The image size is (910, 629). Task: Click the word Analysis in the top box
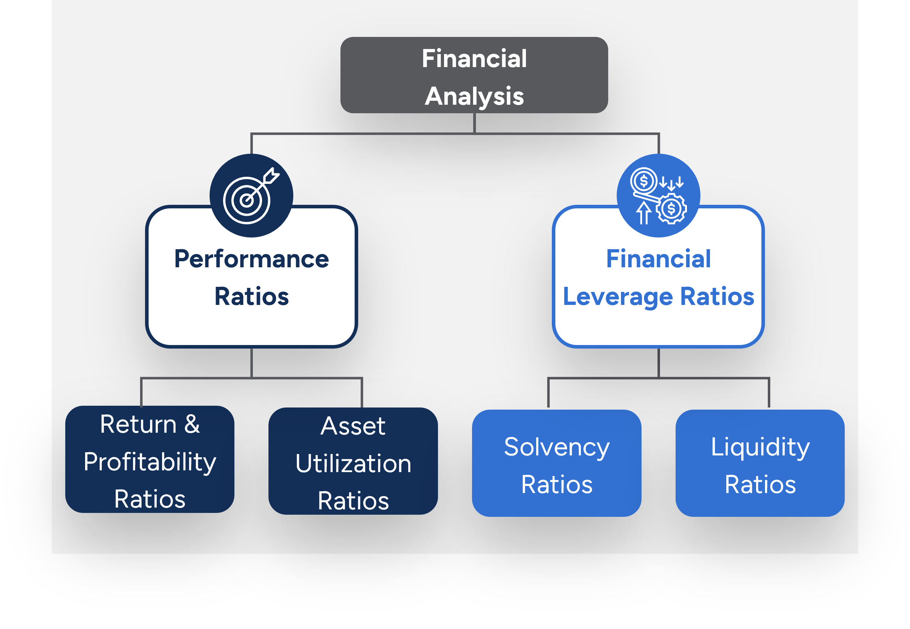[474, 96]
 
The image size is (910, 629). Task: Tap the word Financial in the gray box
[474, 59]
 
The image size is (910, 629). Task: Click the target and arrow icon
[251, 196]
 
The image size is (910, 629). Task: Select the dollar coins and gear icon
[658, 196]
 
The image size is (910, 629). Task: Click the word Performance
[251, 259]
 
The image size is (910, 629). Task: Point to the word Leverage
[618, 297]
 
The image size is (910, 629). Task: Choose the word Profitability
[150, 462]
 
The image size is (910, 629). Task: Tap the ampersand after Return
[192, 425]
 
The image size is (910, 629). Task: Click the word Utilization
[353, 464]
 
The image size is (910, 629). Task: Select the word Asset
[353, 426]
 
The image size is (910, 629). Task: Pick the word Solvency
[556, 447]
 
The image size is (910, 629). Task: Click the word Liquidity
[760, 447]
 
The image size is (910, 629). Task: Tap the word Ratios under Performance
[251, 297]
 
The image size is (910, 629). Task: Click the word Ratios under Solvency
[556, 485]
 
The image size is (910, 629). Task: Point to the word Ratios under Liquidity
[760, 485]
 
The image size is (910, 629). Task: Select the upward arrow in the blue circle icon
[643, 213]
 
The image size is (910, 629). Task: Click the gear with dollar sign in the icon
[671, 209]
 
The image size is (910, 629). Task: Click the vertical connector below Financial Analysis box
[474, 123]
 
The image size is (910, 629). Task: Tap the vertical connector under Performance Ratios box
[251, 362]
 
